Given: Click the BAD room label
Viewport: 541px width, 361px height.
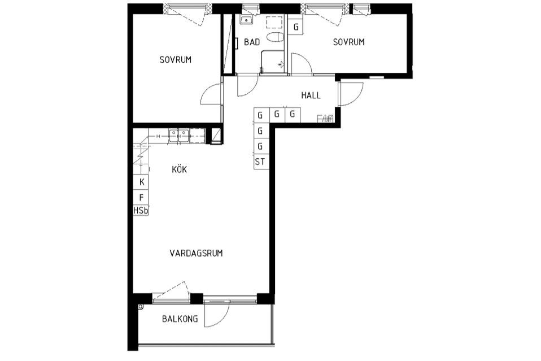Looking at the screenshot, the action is [252, 42].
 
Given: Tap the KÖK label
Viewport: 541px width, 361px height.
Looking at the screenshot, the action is [180, 169].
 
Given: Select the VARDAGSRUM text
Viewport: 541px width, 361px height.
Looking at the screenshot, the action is [196, 253].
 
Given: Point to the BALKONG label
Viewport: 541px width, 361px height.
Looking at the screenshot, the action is [180, 319].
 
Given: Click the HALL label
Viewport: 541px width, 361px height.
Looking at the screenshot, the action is [311, 95].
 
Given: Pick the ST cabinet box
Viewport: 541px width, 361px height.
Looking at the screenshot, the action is [260, 162].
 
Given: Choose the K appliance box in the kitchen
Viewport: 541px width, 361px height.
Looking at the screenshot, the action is [141, 182].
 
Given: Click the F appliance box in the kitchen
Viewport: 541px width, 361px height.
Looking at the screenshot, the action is [141, 197].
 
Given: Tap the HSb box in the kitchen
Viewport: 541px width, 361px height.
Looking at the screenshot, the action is [141, 210].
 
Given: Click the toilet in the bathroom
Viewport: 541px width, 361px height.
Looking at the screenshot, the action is [275, 37].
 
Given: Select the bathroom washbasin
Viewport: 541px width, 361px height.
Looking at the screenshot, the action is [246, 20].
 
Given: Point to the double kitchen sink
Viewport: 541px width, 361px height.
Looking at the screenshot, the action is [178, 135].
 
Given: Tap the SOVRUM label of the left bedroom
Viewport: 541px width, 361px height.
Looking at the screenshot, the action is [175, 60].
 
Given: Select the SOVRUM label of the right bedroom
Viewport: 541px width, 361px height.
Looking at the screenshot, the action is [348, 42].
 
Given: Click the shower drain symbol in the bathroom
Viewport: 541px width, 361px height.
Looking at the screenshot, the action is [282, 64].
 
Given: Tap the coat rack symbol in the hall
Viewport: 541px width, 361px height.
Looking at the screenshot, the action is [325, 119].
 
